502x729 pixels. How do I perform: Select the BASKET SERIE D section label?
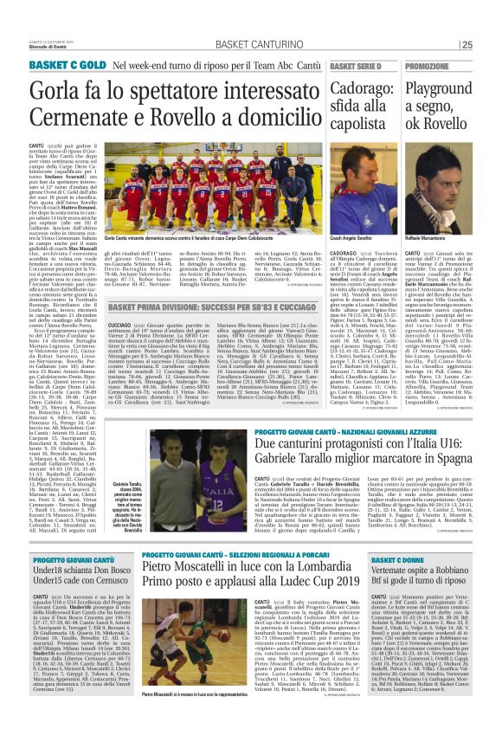click(x=356, y=66)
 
